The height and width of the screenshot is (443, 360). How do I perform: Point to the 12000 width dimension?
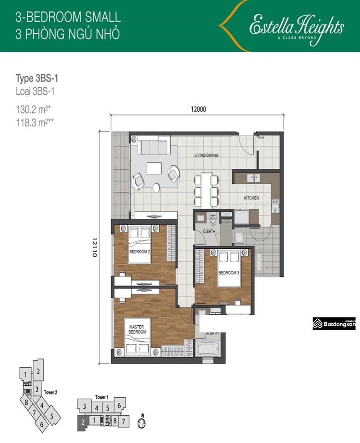[197, 109]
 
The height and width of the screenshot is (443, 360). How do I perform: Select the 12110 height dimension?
[95, 247]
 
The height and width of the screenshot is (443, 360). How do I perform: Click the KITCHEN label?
[251, 198]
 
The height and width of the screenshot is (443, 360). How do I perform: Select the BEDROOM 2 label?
[139, 252]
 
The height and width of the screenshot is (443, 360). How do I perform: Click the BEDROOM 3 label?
[229, 273]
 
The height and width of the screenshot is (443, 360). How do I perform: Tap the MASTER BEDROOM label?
[137, 329]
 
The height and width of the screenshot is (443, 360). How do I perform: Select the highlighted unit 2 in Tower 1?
[83, 421]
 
